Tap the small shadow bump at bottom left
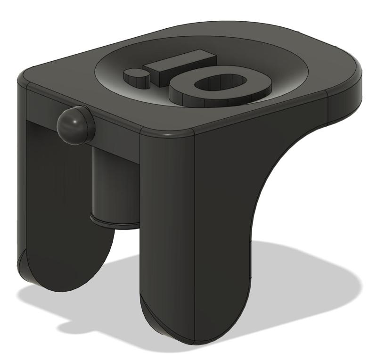(x=71, y=325)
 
